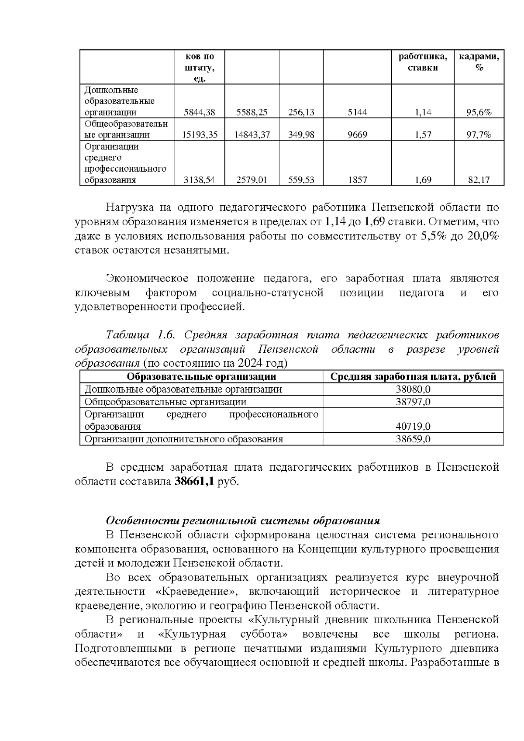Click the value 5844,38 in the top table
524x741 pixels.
point(199,112)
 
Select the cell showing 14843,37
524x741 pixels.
point(252,135)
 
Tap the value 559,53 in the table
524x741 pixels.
point(301,180)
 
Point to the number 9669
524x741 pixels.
point(357,135)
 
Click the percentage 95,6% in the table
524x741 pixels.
point(479,112)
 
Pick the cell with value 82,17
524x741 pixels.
point(479,180)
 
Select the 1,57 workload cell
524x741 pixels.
point(423,135)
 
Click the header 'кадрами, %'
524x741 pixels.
point(479,62)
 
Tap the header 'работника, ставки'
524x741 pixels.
point(423,62)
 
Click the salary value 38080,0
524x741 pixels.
point(413,389)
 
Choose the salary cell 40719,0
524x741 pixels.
point(413,426)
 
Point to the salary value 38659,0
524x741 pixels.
point(413,439)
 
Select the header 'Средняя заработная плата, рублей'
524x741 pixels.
point(413,377)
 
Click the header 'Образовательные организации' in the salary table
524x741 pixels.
point(201,377)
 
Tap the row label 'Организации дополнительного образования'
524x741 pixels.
point(183,439)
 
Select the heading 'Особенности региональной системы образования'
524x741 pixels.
point(243,520)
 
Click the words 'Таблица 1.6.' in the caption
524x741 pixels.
point(140,335)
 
